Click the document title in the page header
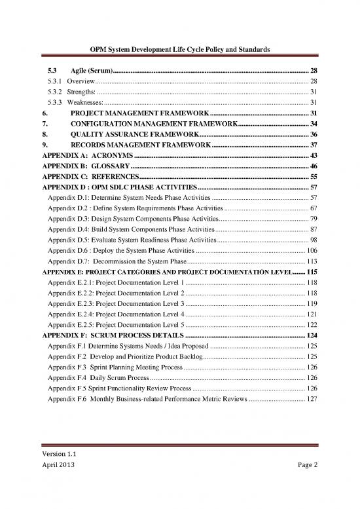click(x=180, y=50)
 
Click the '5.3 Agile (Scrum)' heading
click(x=77, y=70)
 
